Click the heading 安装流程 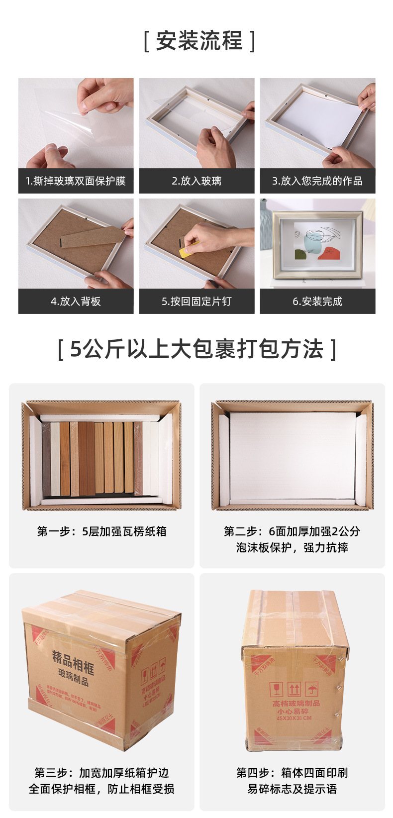199,41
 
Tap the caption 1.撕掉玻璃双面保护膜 76,181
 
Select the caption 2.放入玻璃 196,181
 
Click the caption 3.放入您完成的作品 317,181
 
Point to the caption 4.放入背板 76,302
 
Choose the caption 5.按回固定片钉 196,302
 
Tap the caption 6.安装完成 317,302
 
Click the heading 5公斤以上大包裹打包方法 197,349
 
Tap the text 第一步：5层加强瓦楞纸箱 101,531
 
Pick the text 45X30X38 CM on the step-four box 294,718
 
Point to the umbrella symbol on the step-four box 312,690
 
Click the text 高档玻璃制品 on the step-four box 296,703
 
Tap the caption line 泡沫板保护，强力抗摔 292,548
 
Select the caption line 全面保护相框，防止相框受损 101,789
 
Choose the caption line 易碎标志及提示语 292,789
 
